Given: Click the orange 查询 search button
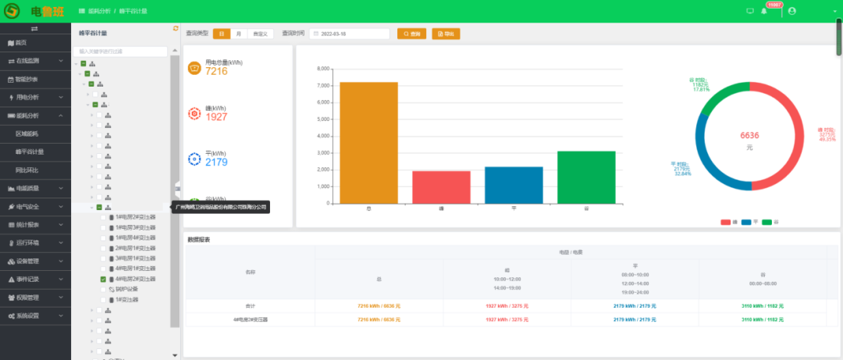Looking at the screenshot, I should [x=413, y=34].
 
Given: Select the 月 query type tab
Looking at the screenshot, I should [x=238, y=34].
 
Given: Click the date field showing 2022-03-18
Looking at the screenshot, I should [x=350, y=34].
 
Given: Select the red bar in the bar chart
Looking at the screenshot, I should [x=441, y=187].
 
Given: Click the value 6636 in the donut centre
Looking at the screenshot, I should [x=749, y=135].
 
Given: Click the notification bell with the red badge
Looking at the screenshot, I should [x=764, y=11].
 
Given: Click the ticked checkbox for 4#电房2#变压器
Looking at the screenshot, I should [x=103, y=279].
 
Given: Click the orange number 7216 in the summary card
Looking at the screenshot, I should [x=216, y=71].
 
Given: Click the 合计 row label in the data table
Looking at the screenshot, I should [x=250, y=305].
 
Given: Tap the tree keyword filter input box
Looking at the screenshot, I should [x=125, y=52].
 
